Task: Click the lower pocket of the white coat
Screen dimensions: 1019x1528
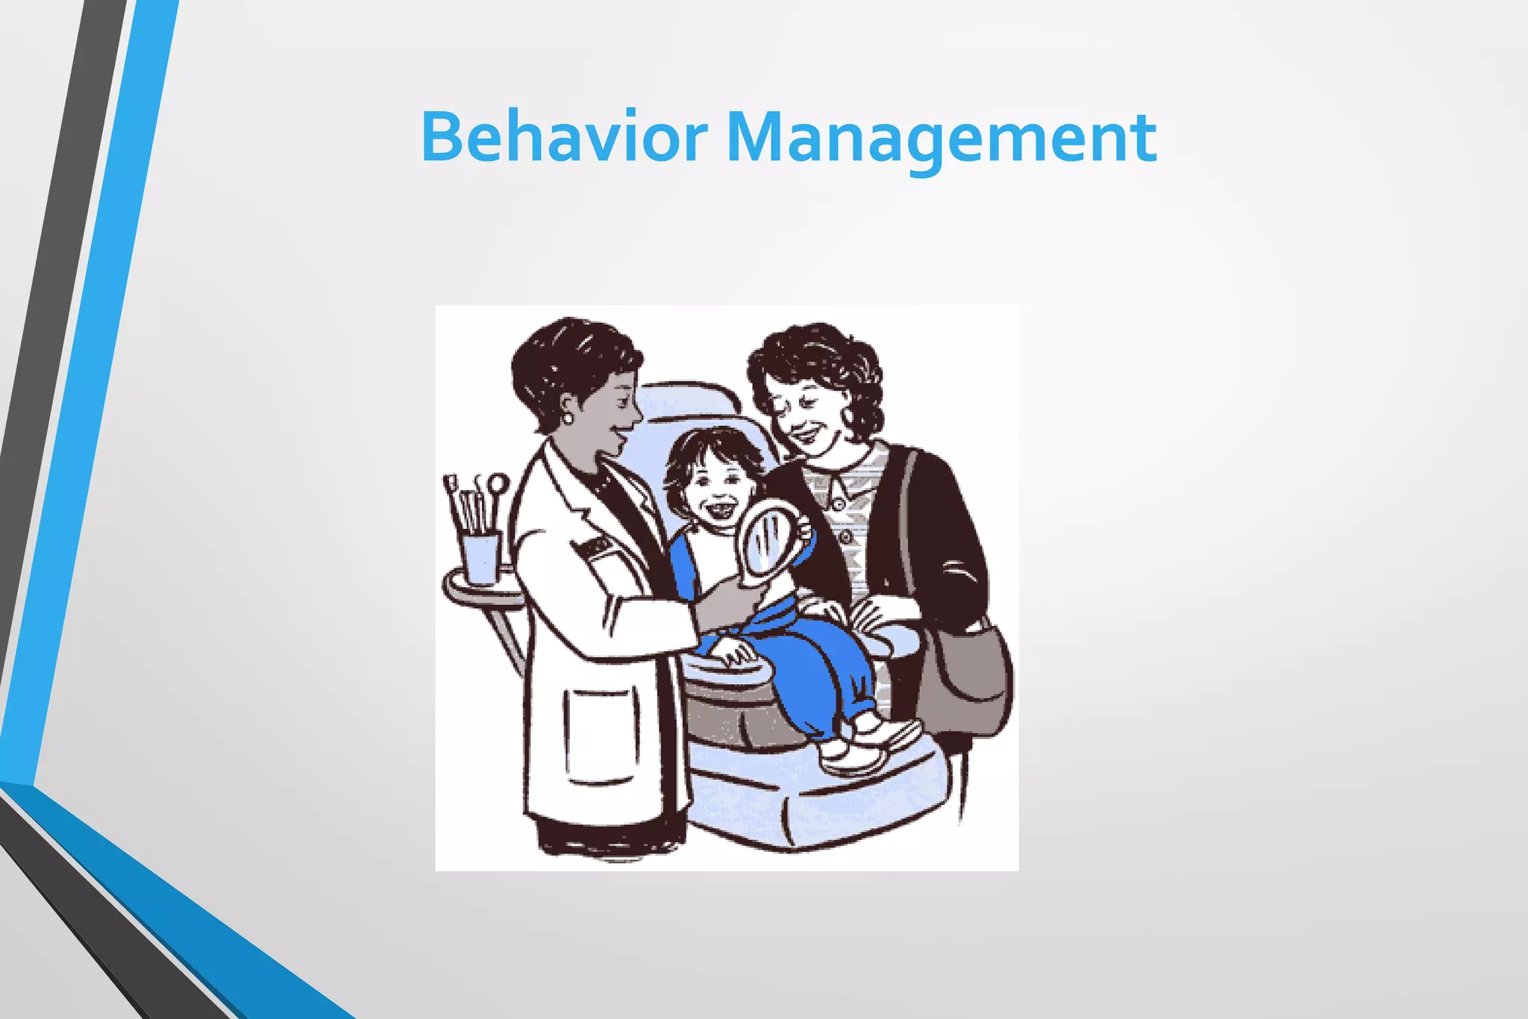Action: point(601,735)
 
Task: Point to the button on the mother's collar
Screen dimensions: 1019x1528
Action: point(838,504)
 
